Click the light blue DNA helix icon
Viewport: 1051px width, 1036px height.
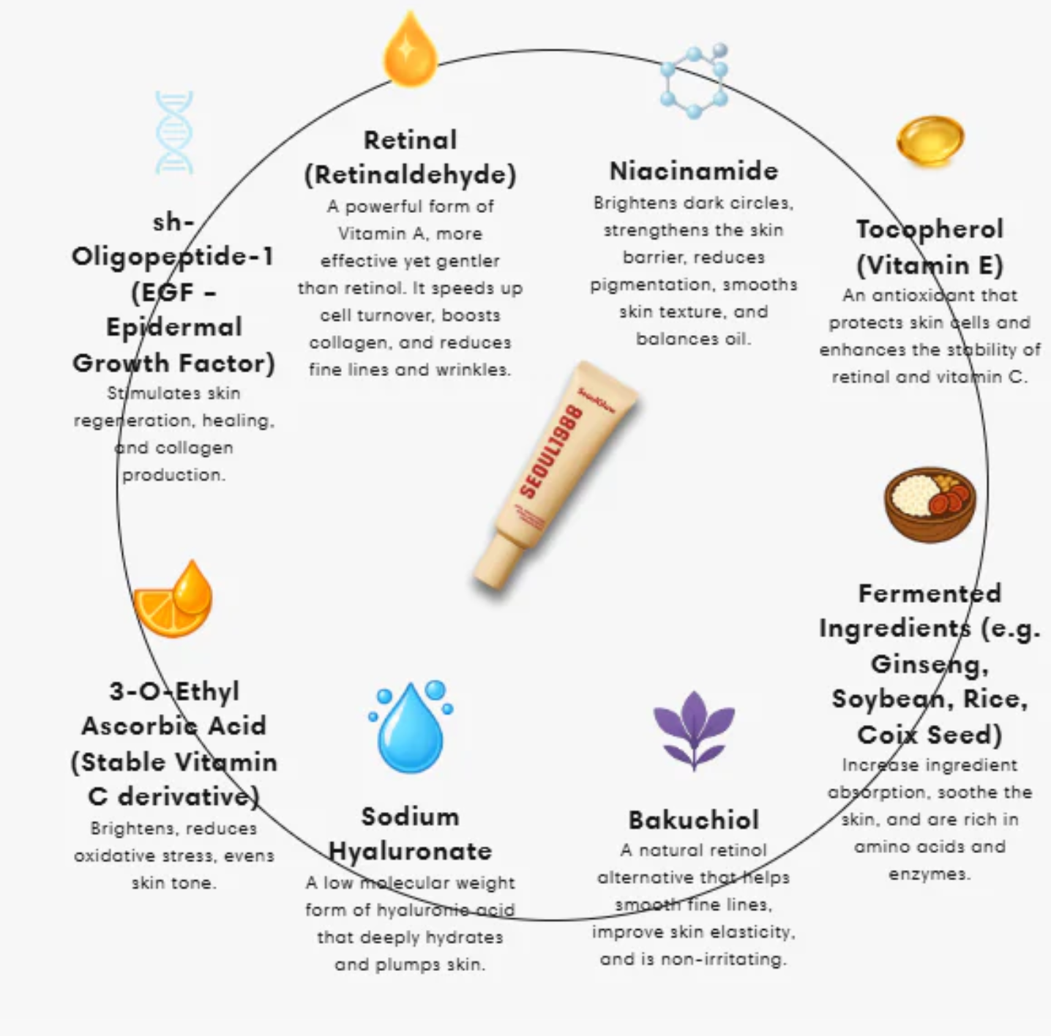[x=174, y=132]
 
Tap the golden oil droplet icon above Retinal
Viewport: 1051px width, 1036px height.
[x=410, y=50]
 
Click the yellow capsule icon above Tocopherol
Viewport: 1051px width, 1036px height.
[x=930, y=140]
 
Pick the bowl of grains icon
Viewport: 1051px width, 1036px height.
[x=930, y=504]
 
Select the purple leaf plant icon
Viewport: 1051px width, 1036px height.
[x=693, y=729]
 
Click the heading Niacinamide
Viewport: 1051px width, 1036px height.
[x=694, y=170]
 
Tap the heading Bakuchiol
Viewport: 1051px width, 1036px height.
[x=693, y=819]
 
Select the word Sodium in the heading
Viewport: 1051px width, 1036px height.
[x=410, y=816]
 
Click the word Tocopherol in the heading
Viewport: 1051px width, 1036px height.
[x=930, y=229]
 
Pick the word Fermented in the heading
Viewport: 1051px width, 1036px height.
[x=930, y=593]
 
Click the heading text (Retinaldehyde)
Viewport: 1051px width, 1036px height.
[x=410, y=175]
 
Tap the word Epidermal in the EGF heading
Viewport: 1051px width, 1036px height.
[x=174, y=327]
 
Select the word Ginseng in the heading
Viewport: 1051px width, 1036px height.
[x=930, y=664]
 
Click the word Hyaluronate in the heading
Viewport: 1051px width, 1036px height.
[x=410, y=851]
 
